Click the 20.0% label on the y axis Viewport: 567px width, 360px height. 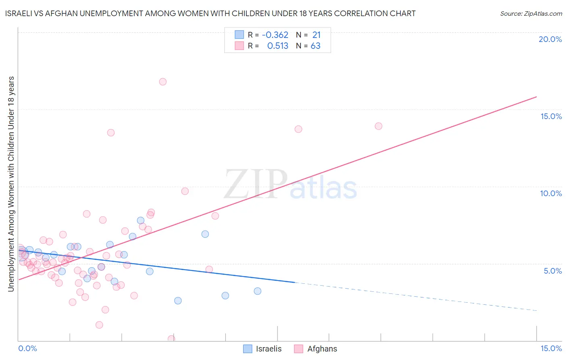coord(550,39)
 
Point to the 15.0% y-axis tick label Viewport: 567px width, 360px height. coord(551,116)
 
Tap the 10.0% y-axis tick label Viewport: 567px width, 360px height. coord(551,193)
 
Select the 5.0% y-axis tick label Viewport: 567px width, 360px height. coord(552,271)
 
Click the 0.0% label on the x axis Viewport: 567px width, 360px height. coord(27,348)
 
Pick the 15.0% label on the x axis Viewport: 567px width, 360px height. coord(551,348)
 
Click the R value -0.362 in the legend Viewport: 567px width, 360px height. coord(275,35)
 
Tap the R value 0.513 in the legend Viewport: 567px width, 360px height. coord(277,46)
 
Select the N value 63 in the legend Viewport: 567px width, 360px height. coord(315,46)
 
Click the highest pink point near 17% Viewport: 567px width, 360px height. coord(163,82)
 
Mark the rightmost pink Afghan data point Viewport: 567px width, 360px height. coord(378,126)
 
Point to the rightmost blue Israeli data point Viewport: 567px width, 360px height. coord(257,291)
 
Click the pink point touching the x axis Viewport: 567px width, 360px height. coord(171,339)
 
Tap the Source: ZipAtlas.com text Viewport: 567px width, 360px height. coord(531,14)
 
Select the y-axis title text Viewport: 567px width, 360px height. coord(11,184)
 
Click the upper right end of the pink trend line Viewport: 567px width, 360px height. coord(536,97)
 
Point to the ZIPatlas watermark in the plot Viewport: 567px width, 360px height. coord(290,185)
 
